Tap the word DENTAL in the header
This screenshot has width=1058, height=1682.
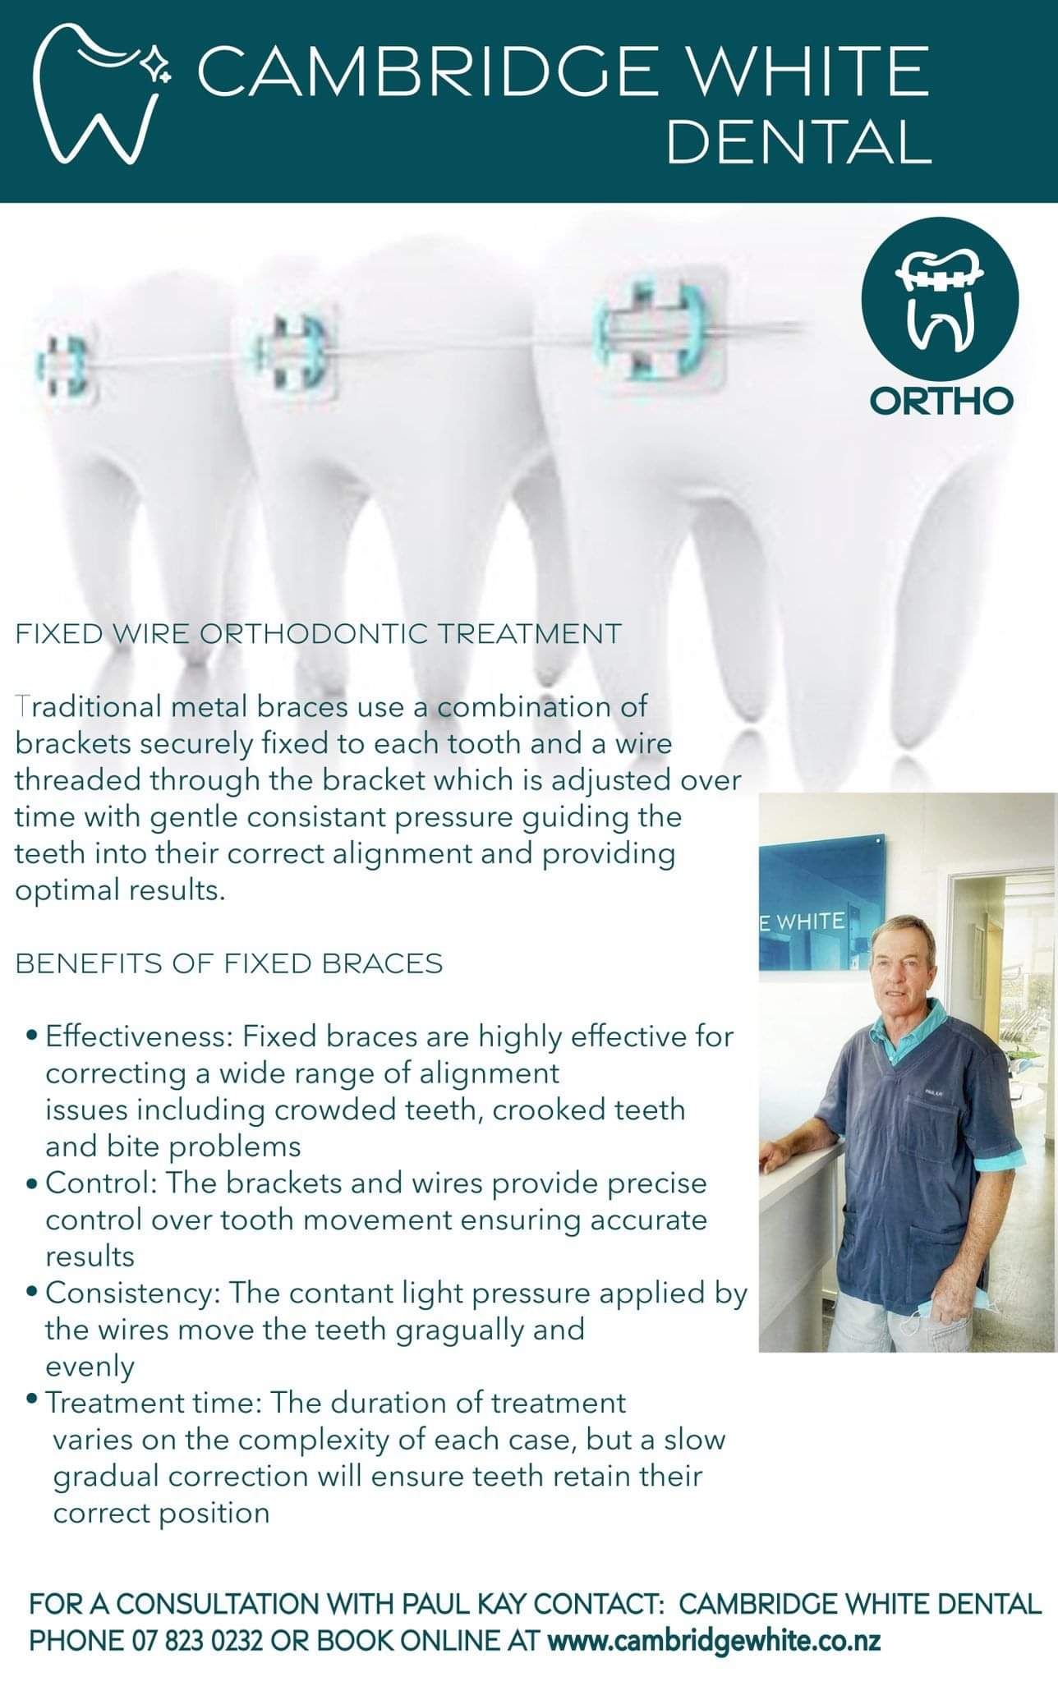click(799, 140)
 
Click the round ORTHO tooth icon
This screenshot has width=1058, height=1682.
click(940, 296)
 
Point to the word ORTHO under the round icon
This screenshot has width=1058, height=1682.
click(941, 401)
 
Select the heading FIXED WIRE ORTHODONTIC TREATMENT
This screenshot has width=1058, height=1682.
click(319, 634)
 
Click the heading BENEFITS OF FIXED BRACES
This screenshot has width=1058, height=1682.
click(229, 963)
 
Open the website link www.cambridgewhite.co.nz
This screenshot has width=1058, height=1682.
click(714, 1641)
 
